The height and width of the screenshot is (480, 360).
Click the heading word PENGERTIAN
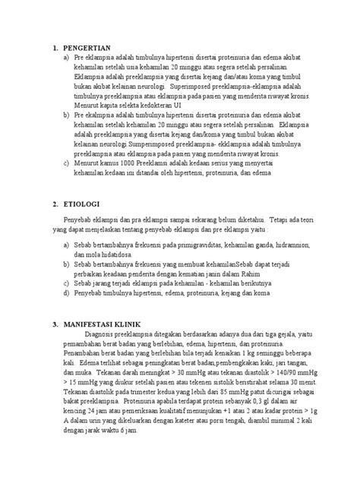[x=88, y=46]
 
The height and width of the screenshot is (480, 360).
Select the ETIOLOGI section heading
[x=83, y=205]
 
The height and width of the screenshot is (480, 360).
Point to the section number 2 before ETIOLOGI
[x=55, y=205]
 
